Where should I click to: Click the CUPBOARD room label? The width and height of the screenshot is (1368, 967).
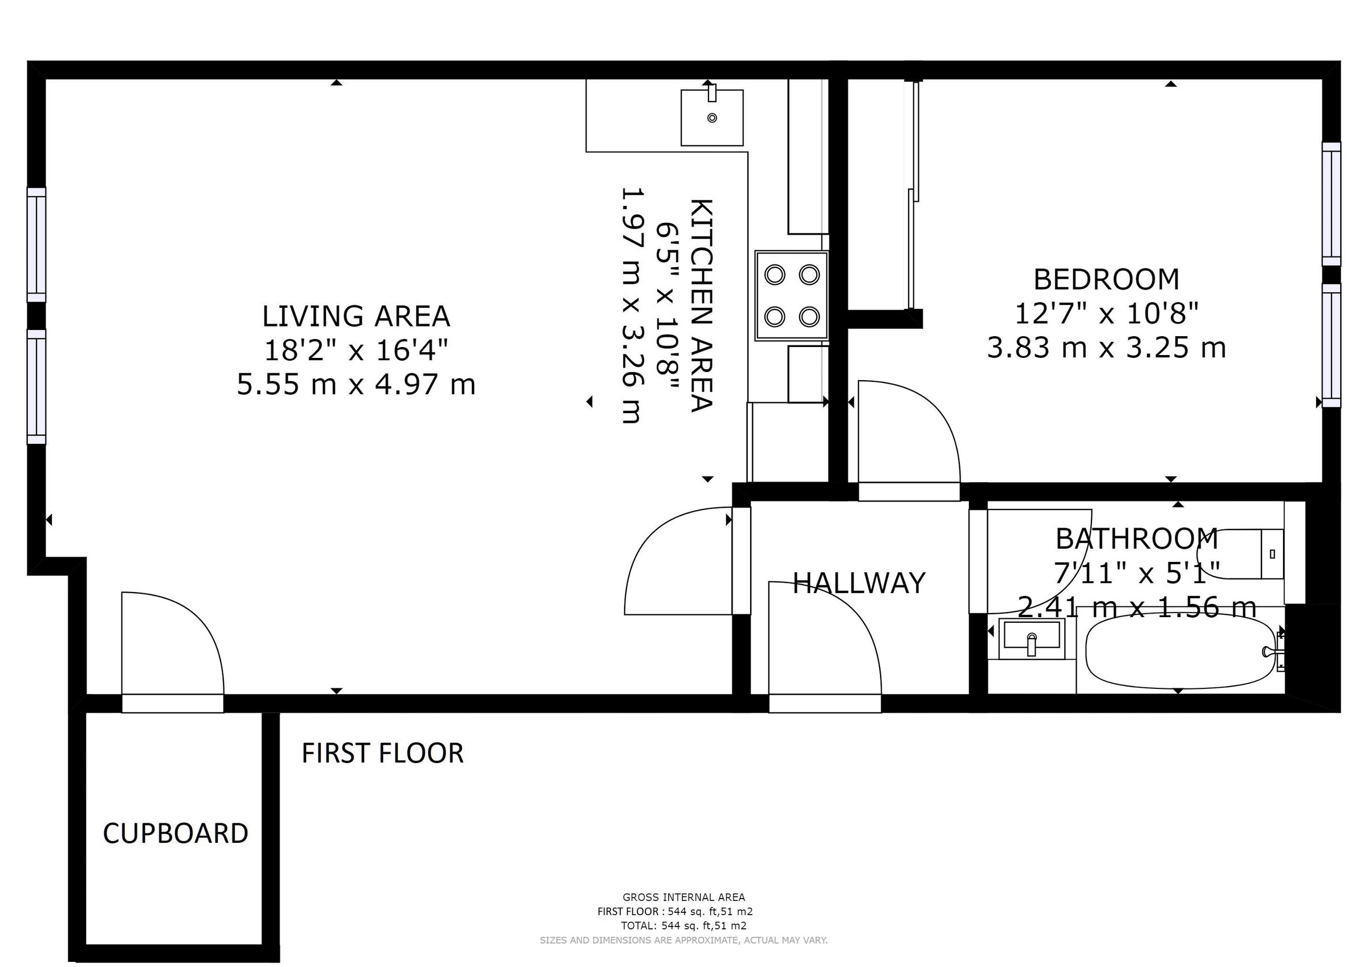tap(175, 833)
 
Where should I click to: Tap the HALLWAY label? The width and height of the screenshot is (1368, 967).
tap(858, 583)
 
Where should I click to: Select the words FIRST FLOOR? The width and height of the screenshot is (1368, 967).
tap(382, 753)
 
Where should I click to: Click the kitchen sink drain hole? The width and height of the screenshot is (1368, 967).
tap(711, 118)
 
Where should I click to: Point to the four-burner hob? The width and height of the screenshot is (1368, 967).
tap(791, 296)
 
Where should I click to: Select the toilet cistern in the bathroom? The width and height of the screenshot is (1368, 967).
tap(1272, 553)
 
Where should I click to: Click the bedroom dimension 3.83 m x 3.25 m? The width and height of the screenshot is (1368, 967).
tap(1106, 348)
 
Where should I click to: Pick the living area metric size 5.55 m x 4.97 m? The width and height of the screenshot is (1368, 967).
tap(356, 384)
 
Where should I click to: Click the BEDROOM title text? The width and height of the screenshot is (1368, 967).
tap(1106, 279)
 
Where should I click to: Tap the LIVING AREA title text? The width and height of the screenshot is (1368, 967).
tap(356, 316)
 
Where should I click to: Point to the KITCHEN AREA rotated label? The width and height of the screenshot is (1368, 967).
tap(701, 305)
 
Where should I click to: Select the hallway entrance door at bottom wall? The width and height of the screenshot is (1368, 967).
tap(825, 703)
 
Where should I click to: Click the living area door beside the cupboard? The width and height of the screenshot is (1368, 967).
tap(172, 703)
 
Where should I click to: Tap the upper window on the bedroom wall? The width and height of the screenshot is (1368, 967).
tap(1331, 204)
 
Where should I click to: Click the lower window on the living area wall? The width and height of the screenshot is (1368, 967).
tap(36, 387)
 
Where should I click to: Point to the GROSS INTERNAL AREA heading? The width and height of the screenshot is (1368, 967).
tap(683, 897)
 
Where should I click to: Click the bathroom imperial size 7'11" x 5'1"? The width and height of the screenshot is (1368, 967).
tap(1137, 574)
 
